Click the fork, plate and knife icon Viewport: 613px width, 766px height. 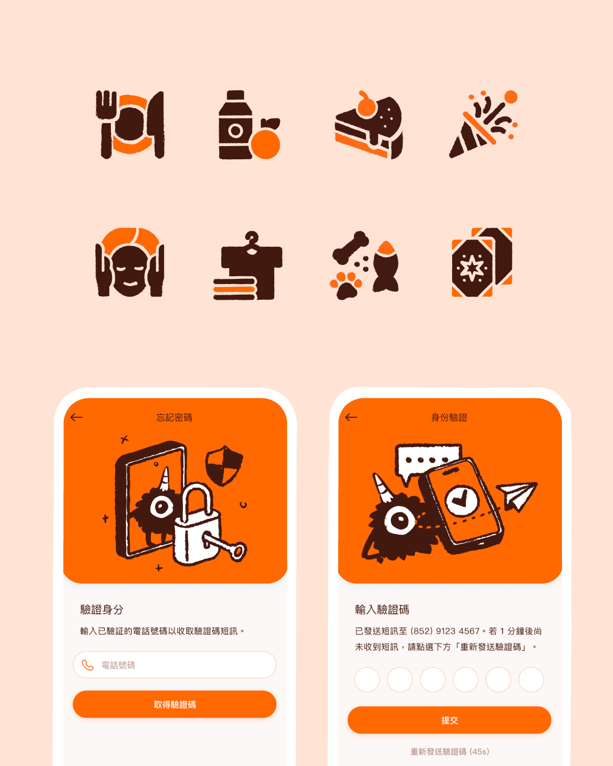[x=130, y=125]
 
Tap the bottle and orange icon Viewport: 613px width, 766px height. [x=249, y=125]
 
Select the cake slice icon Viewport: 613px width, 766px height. [x=369, y=125]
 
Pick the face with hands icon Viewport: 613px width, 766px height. [x=130, y=262]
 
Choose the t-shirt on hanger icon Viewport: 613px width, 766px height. [x=248, y=266]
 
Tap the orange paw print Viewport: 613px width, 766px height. [x=345, y=285]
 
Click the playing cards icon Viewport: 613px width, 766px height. [x=482, y=262]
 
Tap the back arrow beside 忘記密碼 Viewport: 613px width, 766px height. [x=76, y=417]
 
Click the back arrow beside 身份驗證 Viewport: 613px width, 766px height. [x=351, y=417]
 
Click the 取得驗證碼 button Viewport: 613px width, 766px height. [x=175, y=704]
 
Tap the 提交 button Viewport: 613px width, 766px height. [x=450, y=720]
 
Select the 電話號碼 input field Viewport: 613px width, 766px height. [x=175, y=665]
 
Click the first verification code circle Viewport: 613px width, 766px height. [x=367, y=680]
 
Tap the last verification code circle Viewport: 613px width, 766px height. [x=531, y=680]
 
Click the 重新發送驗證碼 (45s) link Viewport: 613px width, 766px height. [x=450, y=751]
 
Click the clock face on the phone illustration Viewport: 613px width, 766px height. [x=462, y=500]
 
